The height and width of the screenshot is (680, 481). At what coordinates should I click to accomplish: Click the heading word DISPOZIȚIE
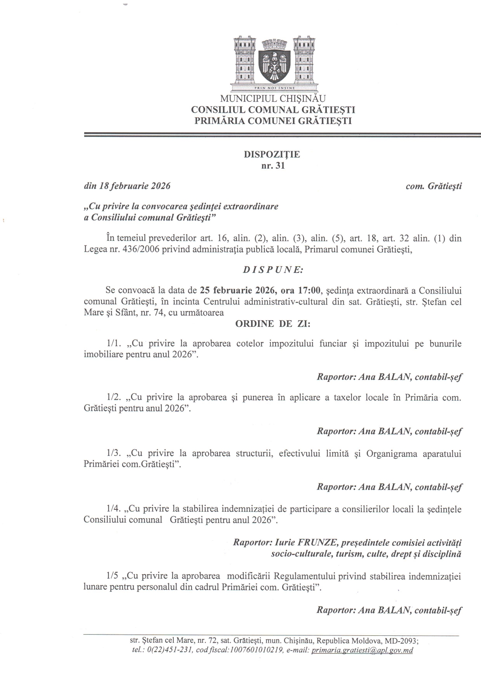[272, 154]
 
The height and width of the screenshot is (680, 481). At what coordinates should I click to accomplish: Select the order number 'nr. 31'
[273, 167]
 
